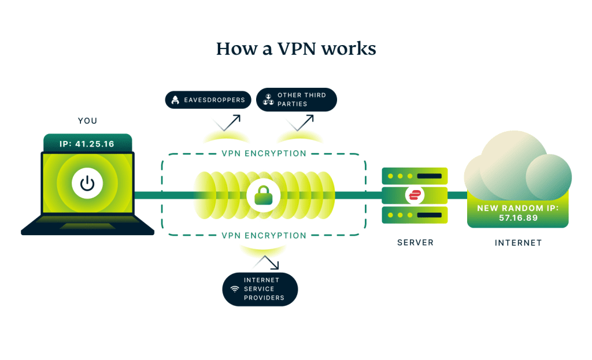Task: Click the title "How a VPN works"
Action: tap(296, 49)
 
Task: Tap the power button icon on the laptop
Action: tap(87, 184)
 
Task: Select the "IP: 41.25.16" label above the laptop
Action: tap(87, 143)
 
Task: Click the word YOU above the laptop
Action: tap(87, 121)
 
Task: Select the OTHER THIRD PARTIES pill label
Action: tap(296, 99)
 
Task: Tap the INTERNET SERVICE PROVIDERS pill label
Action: tap(260, 289)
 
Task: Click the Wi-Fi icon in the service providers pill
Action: tap(235, 289)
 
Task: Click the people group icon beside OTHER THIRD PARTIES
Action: tap(268, 99)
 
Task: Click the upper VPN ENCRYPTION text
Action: tap(264, 154)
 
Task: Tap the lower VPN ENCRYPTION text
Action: tap(264, 236)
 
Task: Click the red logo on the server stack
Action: tap(415, 195)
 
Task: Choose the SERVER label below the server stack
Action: tap(415, 243)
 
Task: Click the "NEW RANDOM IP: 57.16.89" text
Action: tap(517, 213)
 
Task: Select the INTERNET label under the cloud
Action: tap(518, 243)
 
